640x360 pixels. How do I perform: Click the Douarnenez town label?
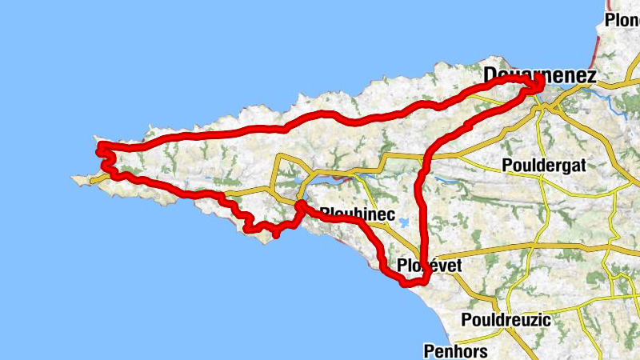click(540, 76)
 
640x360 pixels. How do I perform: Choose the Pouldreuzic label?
click(506, 320)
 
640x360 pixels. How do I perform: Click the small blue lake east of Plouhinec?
click(406, 224)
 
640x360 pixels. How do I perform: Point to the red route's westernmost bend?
click(99, 149)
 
